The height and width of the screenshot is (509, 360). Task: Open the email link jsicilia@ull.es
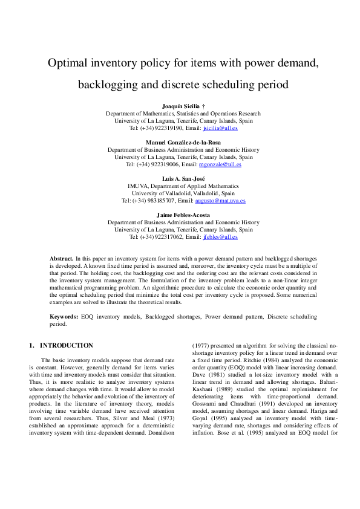(x=220, y=128)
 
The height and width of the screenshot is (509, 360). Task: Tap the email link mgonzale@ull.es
(x=221, y=164)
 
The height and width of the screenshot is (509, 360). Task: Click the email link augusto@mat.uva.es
(x=220, y=201)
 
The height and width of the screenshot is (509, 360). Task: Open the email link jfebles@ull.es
(x=220, y=238)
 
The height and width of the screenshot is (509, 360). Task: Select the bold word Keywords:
(x=64, y=317)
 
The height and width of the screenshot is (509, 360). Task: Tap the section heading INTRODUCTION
(x=67, y=346)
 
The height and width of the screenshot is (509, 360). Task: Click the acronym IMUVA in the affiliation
(x=137, y=186)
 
